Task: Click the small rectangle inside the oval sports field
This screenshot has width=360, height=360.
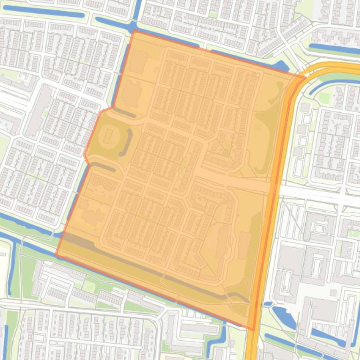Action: [108, 136]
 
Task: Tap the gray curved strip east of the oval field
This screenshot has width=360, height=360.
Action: [126, 142]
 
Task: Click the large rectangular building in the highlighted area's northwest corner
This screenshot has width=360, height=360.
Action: [138, 62]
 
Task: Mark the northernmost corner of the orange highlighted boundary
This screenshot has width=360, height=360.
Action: [134, 31]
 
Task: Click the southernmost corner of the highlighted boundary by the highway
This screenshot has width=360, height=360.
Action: [253, 329]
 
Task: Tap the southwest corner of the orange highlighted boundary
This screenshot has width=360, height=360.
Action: [56, 255]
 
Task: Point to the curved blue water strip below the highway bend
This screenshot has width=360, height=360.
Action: [328, 84]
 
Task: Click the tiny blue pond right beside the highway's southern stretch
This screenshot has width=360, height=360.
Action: [267, 304]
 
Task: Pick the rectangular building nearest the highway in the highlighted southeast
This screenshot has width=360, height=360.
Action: [243, 245]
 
